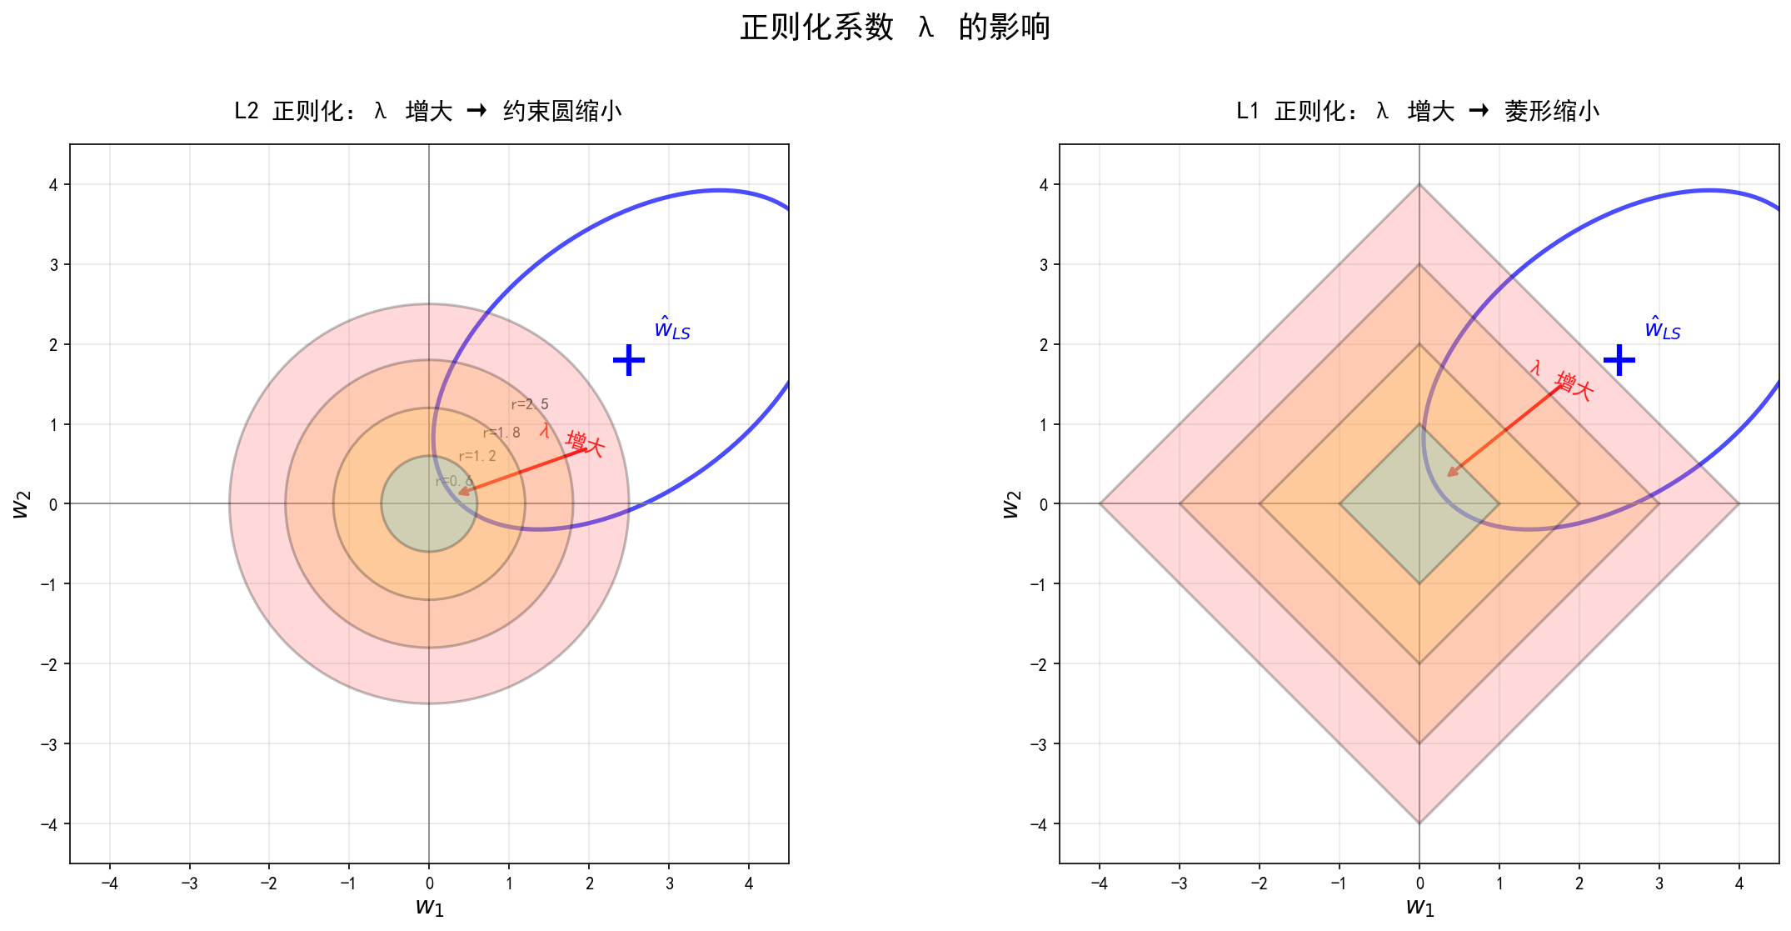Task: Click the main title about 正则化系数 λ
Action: (x=895, y=28)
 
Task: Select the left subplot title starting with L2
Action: (x=428, y=111)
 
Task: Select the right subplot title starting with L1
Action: (x=1418, y=111)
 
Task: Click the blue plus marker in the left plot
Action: (x=629, y=360)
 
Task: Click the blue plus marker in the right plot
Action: (x=1619, y=360)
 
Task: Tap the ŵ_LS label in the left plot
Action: (x=672, y=328)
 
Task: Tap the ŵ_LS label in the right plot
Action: (x=1662, y=328)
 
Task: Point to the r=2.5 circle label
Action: (x=530, y=404)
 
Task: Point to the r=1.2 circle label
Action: (x=477, y=456)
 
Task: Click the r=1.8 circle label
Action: (x=501, y=433)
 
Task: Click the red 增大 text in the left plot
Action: (x=585, y=443)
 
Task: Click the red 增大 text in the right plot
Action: (x=1574, y=386)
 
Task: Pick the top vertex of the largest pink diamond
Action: (x=1419, y=185)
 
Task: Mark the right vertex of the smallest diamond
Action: (x=1499, y=503)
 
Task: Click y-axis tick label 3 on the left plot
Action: (x=53, y=265)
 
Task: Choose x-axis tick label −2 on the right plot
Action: (x=1259, y=883)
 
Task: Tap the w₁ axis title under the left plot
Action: (x=429, y=907)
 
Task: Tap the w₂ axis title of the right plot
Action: (x=1010, y=503)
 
